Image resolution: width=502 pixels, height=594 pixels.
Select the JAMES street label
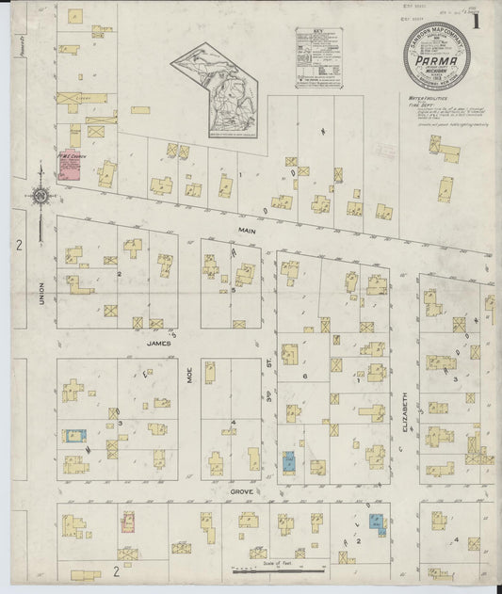pos(155,345)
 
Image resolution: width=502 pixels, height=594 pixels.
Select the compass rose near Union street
pos(40,196)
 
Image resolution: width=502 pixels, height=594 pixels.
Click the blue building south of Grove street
pos(377,523)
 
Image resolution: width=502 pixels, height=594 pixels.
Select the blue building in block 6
pos(288,462)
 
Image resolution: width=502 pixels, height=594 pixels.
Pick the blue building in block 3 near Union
pos(71,436)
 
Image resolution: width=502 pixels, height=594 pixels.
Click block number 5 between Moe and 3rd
pos(234,290)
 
